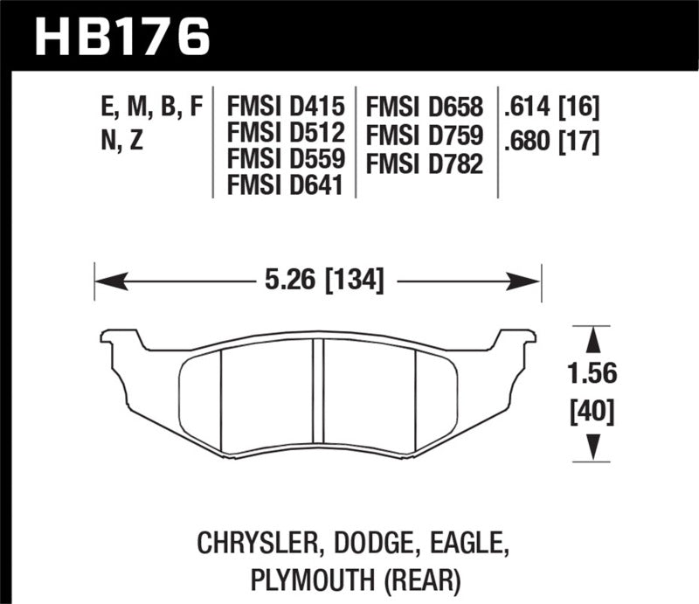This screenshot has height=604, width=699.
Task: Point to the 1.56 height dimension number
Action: (592, 373)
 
